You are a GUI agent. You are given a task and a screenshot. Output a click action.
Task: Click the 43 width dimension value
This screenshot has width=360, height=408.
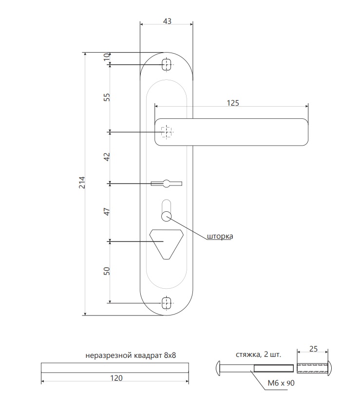(167, 21)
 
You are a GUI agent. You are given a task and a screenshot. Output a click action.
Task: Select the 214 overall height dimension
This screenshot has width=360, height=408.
(82, 183)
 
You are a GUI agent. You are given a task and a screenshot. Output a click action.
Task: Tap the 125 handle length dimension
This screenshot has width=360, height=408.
(233, 103)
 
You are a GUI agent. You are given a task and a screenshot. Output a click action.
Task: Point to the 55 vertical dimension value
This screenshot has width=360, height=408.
(107, 97)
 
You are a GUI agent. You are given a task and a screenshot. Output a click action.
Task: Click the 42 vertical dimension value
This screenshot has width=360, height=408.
(107, 157)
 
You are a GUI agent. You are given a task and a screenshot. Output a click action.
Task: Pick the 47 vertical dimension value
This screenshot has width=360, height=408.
(107, 211)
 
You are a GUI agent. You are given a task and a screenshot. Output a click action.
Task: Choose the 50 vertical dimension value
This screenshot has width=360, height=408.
(107, 271)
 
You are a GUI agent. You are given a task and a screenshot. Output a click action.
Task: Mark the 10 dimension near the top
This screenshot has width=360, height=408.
(107, 57)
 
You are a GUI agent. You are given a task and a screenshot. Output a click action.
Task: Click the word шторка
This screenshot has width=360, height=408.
(220, 236)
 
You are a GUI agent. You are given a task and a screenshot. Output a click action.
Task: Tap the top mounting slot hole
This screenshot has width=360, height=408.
(166, 64)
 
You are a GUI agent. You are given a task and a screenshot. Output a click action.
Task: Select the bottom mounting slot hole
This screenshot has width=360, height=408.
(166, 303)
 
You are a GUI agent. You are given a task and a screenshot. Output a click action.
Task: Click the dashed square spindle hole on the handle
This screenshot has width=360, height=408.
(166, 131)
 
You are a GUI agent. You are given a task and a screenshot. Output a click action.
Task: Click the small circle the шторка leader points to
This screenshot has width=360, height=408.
(166, 217)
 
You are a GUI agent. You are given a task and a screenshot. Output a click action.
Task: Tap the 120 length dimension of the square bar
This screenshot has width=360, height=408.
(116, 378)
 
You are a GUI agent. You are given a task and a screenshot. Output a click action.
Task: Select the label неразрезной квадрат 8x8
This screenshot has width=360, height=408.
(131, 355)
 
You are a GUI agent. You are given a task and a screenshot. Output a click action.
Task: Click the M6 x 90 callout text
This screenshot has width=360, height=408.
(281, 383)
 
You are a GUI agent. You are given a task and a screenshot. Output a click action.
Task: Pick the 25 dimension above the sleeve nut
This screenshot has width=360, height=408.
(313, 349)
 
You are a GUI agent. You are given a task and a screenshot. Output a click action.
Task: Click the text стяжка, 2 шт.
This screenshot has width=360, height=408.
(259, 354)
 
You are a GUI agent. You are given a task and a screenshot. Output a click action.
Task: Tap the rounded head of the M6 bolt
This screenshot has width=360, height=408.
(218, 369)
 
